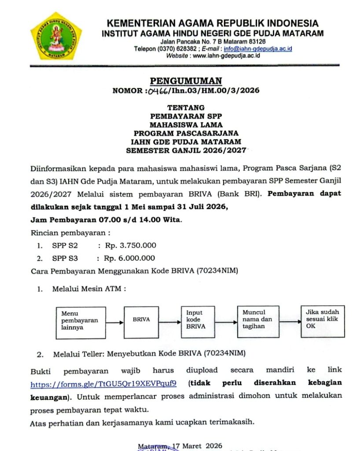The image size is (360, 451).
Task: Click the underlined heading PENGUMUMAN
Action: (186, 81)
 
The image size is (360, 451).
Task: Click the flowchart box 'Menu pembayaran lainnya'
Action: (81, 320)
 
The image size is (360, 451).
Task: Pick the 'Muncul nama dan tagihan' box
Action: (258, 319)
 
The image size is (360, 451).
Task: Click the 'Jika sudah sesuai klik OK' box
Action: (323, 318)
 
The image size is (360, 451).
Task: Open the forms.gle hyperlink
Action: (103, 384)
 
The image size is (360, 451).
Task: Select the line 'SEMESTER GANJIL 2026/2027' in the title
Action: (186, 150)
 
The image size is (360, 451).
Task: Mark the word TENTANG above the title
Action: (186, 107)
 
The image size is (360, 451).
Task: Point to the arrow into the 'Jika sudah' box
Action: (290, 322)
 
